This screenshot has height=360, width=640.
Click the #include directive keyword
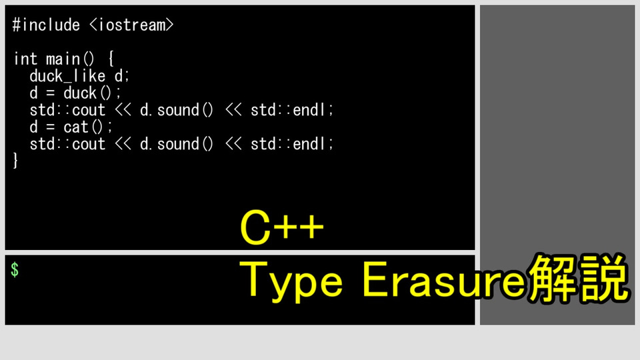point(46,25)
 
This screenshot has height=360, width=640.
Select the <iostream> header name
point(131,25)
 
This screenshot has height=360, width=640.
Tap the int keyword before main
point(25,59)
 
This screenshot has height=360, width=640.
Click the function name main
point(63,59)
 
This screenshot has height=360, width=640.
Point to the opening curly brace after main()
point(111,59)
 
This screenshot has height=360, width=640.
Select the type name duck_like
point(67,76)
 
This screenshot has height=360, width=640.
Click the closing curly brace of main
point(15,161)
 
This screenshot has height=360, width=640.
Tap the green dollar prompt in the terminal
point(15,270)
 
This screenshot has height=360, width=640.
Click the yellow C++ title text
point(282,227)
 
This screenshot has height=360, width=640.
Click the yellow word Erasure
point(443,279)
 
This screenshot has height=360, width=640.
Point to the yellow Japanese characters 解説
point(577,277)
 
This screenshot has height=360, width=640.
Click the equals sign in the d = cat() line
point(50,127)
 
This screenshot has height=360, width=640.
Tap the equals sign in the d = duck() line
point(50,93)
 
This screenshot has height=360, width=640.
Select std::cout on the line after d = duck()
point(67,110)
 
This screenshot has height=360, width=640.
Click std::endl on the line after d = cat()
point(292,144)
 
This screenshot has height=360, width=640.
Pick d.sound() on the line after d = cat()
point(176,144)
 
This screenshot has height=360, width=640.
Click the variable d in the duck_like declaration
point(119,76)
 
